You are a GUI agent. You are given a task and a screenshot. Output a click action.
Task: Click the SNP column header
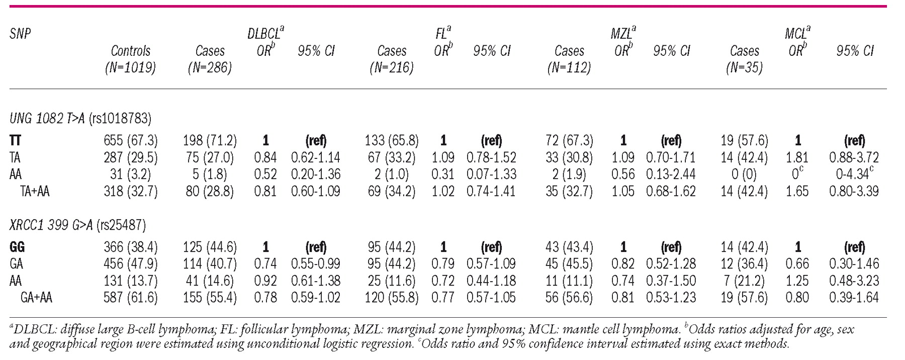click(20, 34)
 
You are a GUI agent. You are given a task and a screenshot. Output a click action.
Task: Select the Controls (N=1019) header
click(130, 59)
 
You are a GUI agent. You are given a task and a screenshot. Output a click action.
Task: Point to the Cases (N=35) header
click(744, 59)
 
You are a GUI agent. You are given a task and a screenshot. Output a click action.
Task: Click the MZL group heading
click(623, 34)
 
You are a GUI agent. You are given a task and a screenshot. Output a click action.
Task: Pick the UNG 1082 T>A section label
click(80, 118)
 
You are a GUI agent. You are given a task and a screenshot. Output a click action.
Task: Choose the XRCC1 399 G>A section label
click(78, 225)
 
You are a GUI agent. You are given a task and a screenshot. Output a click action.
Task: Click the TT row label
click(15, 141)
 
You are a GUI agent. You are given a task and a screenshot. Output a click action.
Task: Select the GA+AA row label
click(36, 298)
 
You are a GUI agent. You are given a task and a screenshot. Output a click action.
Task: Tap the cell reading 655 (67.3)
click(130, 141)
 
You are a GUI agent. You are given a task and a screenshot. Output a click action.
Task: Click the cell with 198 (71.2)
click(210, 141)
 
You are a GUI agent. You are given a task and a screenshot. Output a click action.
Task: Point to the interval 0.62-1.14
click(316, 158)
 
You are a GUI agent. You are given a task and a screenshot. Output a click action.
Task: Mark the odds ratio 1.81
click(798, 158)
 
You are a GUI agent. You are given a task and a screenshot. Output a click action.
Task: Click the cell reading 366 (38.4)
click(130, 247)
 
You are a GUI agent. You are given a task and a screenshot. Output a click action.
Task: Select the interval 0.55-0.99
click(316, 264)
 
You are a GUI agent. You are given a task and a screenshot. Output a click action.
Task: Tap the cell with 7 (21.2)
click(744, 281)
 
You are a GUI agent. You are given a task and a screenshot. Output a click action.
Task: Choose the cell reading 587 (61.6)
click(130, 298)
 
